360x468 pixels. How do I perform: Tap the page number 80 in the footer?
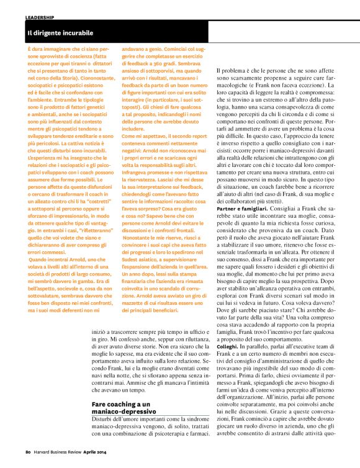(28, 451)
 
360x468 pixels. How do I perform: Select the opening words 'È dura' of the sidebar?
(34, 48)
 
